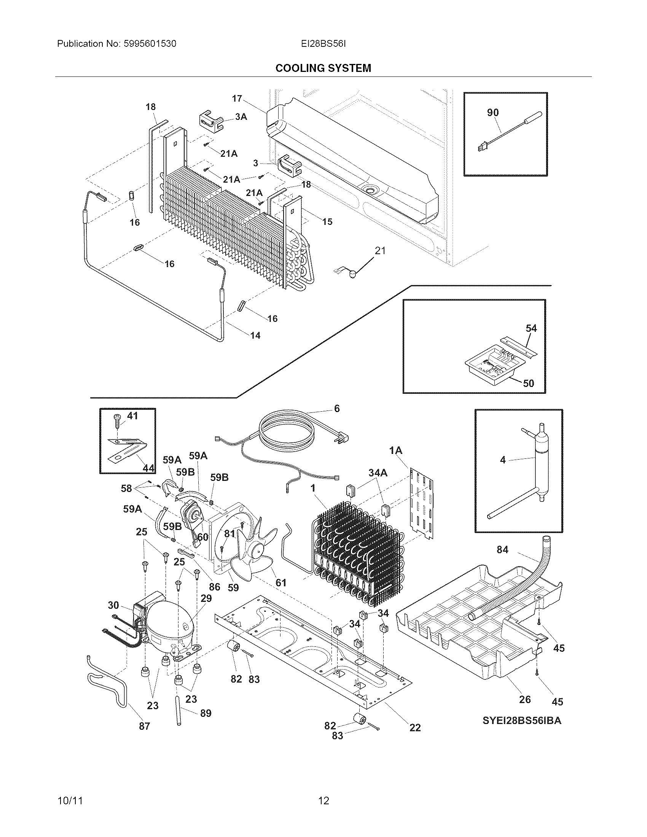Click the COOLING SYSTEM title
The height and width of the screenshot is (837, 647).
pos(323,68)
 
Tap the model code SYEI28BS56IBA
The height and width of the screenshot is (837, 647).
pos(522,721)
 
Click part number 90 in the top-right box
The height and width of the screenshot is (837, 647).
pos(493,112)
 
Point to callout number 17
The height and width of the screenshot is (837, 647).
pos(237,99)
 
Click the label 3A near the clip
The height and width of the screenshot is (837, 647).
pos(241,117)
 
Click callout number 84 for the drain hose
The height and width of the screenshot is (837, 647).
pos(502,550)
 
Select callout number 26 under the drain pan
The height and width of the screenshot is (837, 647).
pos(525,699)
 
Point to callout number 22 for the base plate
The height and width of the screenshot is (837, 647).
pos(415,727)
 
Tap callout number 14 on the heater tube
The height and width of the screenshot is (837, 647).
pos(255,335)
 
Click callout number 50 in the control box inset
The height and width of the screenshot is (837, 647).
pos(528,383)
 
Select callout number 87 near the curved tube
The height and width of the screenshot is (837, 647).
pos(144,726)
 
